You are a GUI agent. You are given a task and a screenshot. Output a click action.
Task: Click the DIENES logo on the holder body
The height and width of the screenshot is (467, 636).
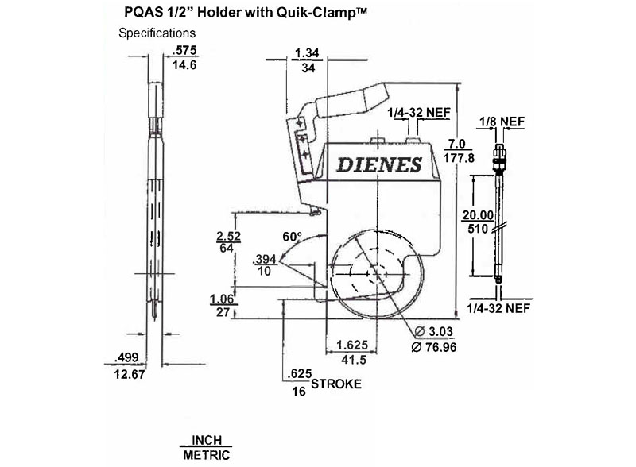pyautogui.click(x=379, y=164)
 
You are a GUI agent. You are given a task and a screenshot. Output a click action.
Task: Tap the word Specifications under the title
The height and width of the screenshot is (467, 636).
pyautogui.click(x=157, y=33)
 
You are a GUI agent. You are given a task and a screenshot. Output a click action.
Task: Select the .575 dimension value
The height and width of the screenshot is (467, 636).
pyautogui.click(x=184, y=50)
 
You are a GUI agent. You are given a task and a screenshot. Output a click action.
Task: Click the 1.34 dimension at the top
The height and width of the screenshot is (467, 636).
pyautogui.click(x=307, y=53)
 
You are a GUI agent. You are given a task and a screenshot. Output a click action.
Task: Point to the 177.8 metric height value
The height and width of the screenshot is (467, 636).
pyautogui.click(x=459, y=158)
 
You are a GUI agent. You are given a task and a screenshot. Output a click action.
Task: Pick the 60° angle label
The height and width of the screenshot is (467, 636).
pyautogui.click(x=293, y=237)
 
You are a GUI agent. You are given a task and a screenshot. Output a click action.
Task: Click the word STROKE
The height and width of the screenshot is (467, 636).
pyautogui.click(x=336, y=384)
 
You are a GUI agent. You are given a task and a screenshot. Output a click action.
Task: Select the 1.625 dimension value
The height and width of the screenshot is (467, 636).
pyautogui.click(x=352, y=345)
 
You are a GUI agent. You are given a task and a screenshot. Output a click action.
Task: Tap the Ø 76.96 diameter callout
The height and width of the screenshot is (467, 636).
pyautogui.click(x=433, y=347)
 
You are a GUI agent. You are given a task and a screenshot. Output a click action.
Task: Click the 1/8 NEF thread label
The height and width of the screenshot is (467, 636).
pyautogui.click(x=502, y=122)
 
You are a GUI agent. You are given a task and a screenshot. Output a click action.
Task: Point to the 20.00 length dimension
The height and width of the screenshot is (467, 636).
pyautogui.click(x=479, y=215)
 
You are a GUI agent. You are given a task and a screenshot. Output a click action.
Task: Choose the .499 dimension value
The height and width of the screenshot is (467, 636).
pyautogui.click(x=126, y=357)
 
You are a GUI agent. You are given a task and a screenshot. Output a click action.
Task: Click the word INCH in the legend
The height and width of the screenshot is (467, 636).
pyautogui.click(x=207, y=440)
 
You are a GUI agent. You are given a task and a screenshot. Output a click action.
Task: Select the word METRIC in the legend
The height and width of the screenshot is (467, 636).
pyautogui.click(x=207, y=455)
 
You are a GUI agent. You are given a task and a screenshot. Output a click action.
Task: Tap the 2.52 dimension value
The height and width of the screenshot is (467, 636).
pyautogui.click(x=228, y=236)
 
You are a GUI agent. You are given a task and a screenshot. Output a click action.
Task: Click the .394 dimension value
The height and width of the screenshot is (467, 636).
pyautogui.click(x=265, y=259)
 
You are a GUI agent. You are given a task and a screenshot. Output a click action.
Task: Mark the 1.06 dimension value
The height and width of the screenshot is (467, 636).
pyautogui.click(x=222, y=299)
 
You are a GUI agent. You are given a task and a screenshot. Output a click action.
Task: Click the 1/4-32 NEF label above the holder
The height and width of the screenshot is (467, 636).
pyautogui.click(x=419, y=112)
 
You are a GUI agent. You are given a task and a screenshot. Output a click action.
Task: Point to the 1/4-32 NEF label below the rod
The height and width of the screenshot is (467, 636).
pyautogui.click(x=498, y=308)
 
